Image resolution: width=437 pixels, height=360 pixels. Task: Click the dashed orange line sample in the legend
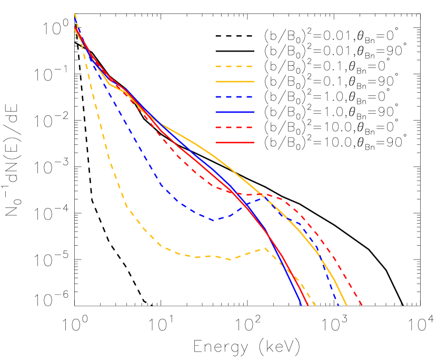tap(234, 67)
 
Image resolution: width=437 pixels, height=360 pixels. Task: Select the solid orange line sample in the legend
tap(234, 82)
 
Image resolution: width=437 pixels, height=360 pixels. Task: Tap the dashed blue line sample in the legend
tap(234, 97)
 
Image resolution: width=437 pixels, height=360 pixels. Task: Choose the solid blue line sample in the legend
tap(234, 112)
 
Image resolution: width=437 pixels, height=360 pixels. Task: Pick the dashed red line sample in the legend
tap(234, 127)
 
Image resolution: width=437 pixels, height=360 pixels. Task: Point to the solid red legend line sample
tap(234, 143)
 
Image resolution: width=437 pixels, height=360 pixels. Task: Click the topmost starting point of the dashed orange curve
tap(75, 14)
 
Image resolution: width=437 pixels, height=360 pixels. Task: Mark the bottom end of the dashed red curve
tap(362, 305)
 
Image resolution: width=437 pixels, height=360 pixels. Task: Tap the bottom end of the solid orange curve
tap(346, 305)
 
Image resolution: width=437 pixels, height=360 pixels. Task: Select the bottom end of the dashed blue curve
tap(339, 305)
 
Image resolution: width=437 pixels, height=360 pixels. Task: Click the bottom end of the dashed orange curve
tap(315, 305)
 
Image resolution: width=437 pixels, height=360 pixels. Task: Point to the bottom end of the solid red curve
tap(307, 305)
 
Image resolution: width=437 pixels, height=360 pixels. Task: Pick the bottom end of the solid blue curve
tap(302, 305)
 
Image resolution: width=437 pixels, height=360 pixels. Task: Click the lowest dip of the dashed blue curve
tap(214, 220)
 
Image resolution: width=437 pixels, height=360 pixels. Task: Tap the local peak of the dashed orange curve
tap(265, 247)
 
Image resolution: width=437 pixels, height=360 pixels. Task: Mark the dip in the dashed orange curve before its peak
tap(231, 259)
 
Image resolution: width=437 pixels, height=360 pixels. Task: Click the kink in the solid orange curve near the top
tap(109, 84)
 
